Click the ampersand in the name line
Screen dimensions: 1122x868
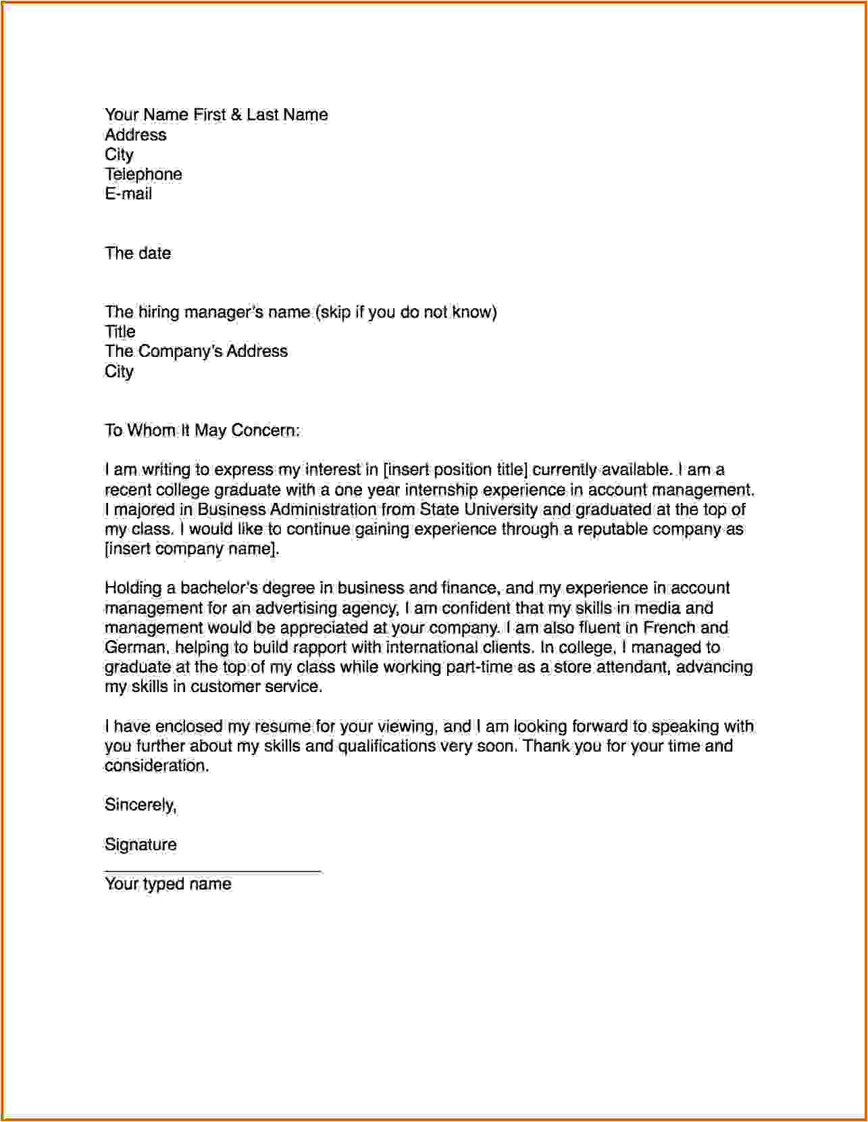coord(236,115)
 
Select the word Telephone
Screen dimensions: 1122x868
coord(143,174)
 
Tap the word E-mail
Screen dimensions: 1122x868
coord(128,194)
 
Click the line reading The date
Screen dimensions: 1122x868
coord(138,253)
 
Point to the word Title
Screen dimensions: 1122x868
coord(120,332)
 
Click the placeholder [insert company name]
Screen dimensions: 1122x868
coord(191,549)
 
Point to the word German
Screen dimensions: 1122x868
coord(135,648)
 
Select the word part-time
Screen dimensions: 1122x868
coord(480,667)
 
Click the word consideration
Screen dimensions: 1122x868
coord(156,766)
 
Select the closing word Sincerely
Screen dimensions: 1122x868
coord(140,805)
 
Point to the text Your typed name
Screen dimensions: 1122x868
coord(168,884)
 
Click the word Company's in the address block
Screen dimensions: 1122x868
coord(180,351)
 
